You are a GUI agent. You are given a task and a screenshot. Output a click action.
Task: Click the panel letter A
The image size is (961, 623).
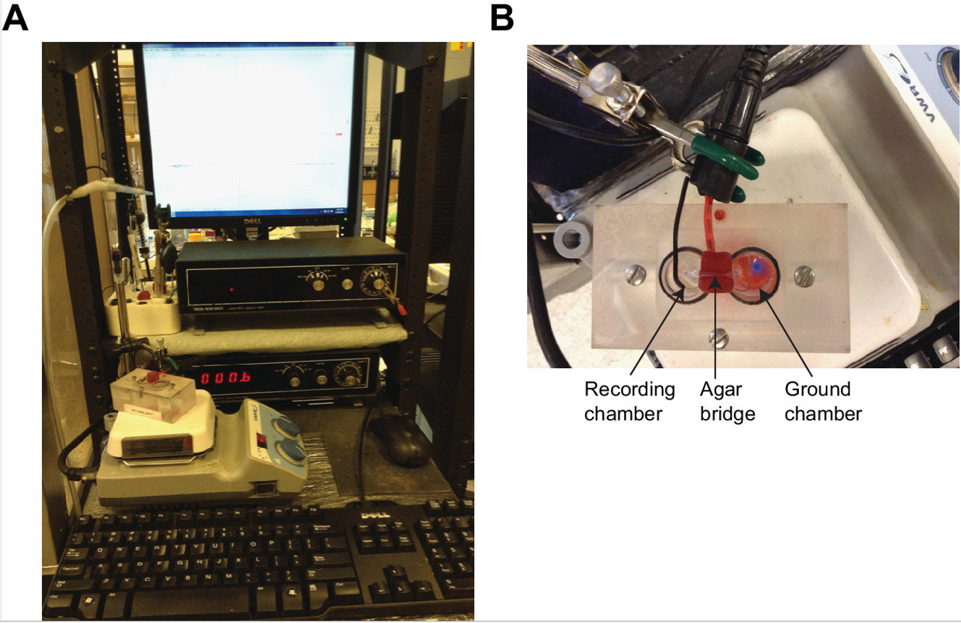15,17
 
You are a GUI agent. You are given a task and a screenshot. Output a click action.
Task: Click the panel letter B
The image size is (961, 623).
502,17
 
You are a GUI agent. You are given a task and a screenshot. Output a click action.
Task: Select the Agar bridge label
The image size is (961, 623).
727,401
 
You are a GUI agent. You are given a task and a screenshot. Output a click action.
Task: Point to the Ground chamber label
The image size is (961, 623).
822,401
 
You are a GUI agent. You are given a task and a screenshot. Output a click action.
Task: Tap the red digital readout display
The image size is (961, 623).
225,378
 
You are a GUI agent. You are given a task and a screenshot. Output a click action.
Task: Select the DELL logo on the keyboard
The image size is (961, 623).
375,514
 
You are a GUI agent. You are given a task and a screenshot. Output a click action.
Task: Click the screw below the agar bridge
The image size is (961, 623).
717,337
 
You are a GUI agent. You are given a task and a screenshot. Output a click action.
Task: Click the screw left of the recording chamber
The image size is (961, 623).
636,277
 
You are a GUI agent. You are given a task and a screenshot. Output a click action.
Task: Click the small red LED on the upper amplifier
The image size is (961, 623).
232,289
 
